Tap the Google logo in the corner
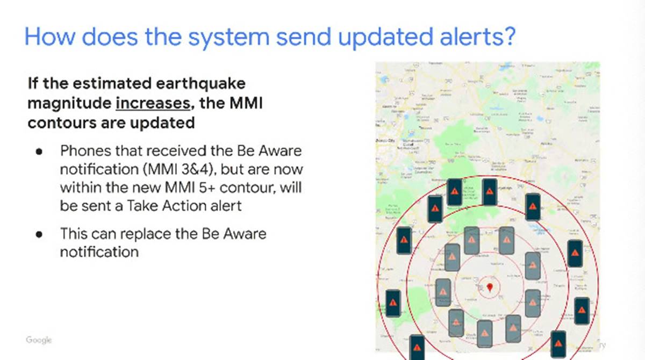[x=39, y=340]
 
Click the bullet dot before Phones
[x=39, y=152]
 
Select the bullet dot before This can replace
[x=39, y=234]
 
